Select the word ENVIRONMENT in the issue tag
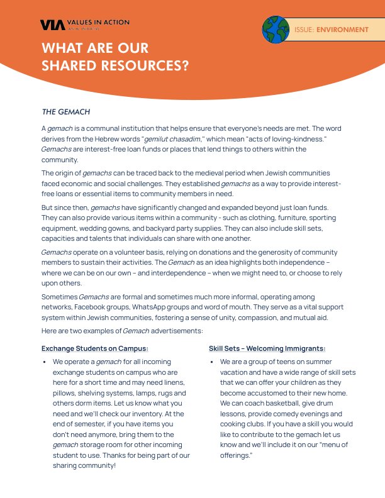pyautogui.click(x=342, y=30)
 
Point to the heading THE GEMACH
pyautogui.click(x=66, y=112)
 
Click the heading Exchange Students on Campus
pyautogui.click(x=95, y=348)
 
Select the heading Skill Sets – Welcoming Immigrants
pyautogui.click(x=267, y=348)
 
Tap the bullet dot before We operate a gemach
pyautogui.click(x=44, y=363)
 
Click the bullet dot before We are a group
pyautogui.click(x=212, y=363)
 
